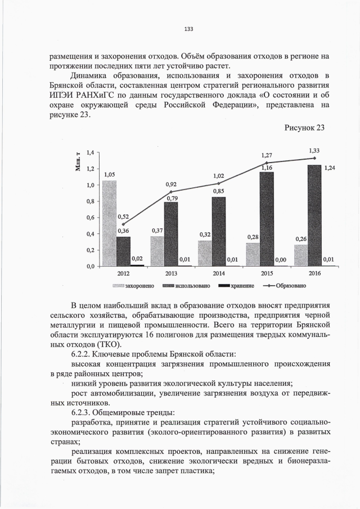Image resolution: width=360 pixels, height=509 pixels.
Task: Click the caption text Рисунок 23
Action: [305, 128]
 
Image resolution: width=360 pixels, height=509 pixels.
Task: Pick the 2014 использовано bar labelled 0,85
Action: [219, 231]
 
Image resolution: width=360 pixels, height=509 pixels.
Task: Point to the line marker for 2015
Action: [267, 163]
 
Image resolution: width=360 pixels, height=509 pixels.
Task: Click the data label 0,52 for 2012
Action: [124, 217]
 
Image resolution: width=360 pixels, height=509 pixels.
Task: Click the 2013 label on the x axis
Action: [171, 273]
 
